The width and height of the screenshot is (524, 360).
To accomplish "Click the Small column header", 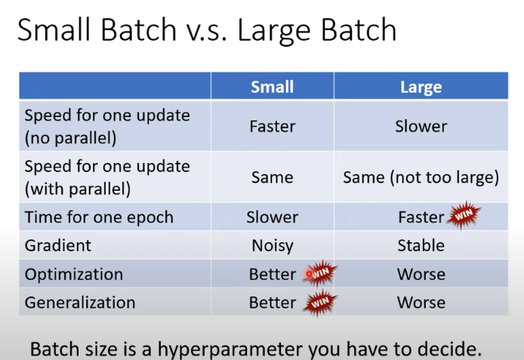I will (272, 87).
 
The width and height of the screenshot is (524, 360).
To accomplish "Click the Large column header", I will (421, 87).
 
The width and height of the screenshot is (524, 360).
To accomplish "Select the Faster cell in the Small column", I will (272, 126).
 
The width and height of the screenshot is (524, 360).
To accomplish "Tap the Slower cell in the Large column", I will (421, 126).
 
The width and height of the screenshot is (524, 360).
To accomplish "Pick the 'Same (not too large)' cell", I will (421, 177).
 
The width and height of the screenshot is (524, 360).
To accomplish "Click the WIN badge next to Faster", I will (464, 217).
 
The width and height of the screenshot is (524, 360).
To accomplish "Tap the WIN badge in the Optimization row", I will (320, 273).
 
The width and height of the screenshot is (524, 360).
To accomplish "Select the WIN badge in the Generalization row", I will (320, 303).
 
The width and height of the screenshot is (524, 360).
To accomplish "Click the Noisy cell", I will (272, 245).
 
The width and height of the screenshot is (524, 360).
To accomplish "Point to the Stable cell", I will (421, 245).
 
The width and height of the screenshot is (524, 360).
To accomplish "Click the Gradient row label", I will (58, 245).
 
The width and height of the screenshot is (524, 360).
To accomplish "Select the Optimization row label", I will (74, 274).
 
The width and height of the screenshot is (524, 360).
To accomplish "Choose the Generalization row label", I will (80, 303).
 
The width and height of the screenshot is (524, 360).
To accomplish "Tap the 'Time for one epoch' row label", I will (99, 217).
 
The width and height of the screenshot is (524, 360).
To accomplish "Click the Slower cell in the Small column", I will (272, 217).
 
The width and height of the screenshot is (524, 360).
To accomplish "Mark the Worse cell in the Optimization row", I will (421, 274).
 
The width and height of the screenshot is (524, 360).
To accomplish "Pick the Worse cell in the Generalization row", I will (421, 303).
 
